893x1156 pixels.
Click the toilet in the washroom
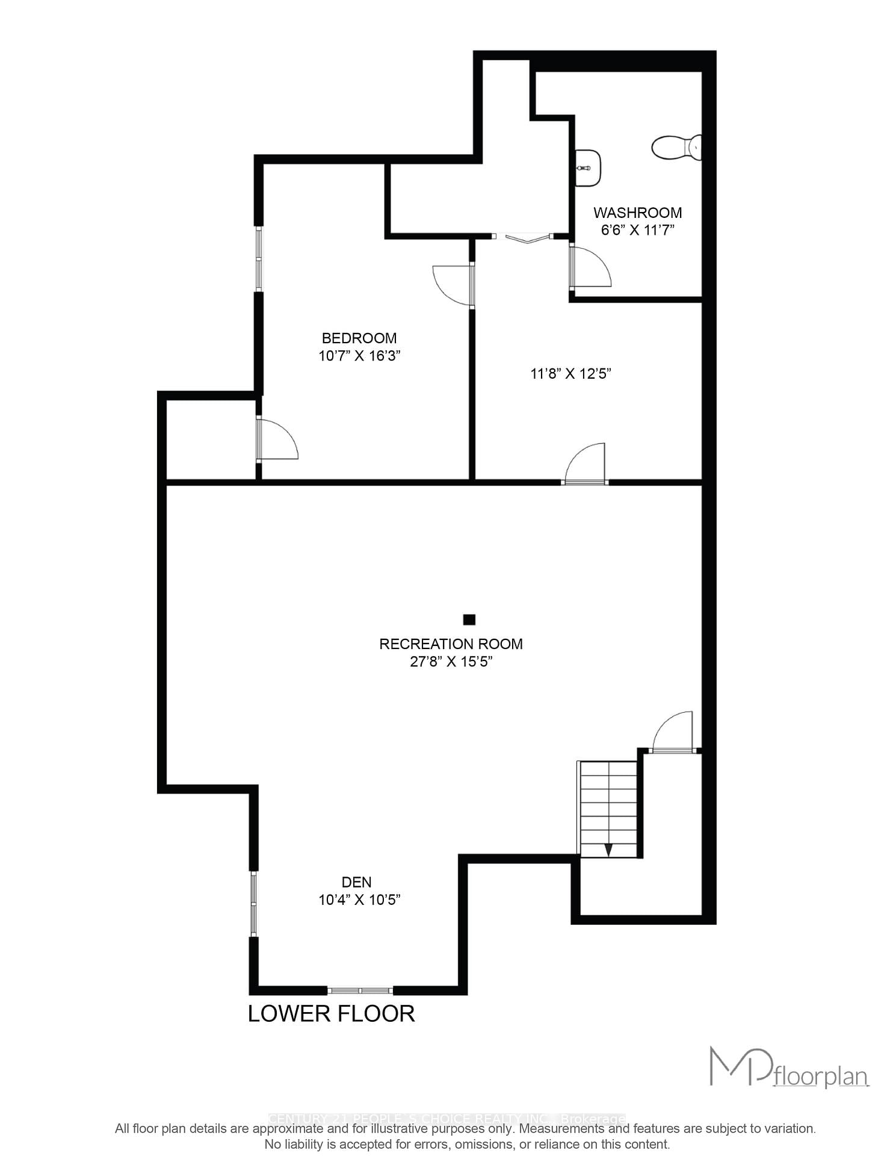(676, 148)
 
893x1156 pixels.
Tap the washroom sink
(588, 168)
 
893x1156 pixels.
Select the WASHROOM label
(637, 213)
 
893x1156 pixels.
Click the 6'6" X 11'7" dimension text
(637, 230)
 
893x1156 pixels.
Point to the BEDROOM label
(359, 338)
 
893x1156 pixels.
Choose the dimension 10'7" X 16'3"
(359, 356)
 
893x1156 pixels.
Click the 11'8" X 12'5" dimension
(570, 374)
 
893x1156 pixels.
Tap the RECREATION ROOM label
(451, 644)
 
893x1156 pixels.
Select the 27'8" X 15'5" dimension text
(451, 662)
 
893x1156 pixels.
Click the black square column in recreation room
(469, 620)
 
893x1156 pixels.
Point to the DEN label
(356, 883)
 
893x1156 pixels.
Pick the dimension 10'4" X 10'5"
(359, 900)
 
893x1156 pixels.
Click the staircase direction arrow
(608, 850)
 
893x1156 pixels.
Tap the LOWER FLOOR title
(331, 1014)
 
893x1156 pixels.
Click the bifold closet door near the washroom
(528, 238)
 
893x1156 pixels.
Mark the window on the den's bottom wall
(360, 990)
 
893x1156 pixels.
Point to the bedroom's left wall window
(259, 259)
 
